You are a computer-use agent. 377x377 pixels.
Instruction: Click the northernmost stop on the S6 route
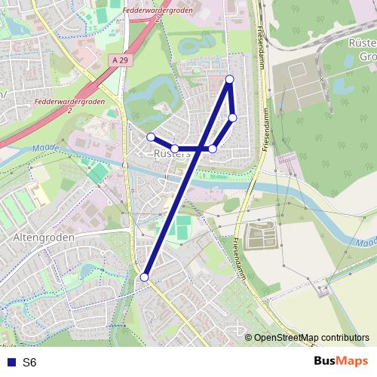pyautogui.click(x=230, y=79)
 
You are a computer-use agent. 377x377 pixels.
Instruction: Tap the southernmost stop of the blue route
pyautogui.click(x=144, y=277)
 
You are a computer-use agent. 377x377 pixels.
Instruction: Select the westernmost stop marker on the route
pyautogui.click(x=151, y=136)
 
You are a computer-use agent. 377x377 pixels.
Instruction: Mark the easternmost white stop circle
pyautogui.click(x=233, y=117)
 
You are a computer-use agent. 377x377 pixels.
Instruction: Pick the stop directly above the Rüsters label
pyautogui.click(x=174, y=149)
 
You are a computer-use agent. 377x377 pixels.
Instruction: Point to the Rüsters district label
pyautogui.click(x=172, y=154)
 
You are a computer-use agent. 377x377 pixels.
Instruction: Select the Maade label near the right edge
pyautogui.click(x=366, y=243)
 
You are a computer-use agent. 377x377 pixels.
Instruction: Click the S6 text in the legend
pyautogui.click(x=29, y=363)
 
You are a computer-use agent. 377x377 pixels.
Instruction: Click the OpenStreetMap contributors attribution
pyautogui.click(x=311, y=338)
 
